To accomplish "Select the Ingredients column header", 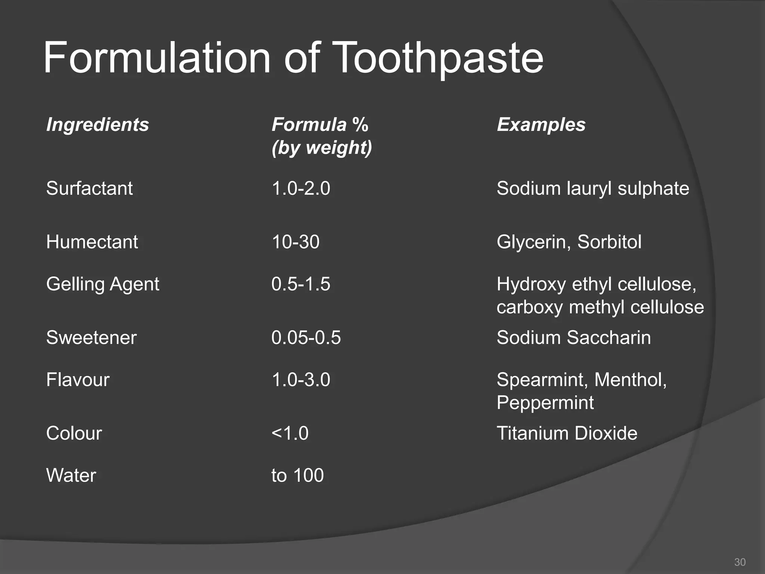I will click(x=97, y=124).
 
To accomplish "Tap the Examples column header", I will click(x=541, y=124).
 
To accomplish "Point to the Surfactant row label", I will click(x=89, y=188).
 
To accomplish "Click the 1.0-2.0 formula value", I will click(x=301, y=188).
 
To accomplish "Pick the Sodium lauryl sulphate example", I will click(x=593, y=188).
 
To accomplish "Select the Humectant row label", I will click(x=92, y=242).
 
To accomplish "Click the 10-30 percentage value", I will click(x=295, y=242).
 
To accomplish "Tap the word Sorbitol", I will click(x=609, y=242).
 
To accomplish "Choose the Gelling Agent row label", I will click(x=103, y=284).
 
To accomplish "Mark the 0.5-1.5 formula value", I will click(x=301, y=284).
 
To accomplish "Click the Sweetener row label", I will click(x=91, y=337).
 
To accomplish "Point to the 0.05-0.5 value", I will click(x=306, y=337).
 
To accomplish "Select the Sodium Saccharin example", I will click(x=574, y=337).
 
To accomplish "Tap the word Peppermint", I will click(x=545, y=402).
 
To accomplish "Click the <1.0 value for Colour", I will click(x=290, y=433).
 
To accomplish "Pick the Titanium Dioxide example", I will click(x=567, y=433).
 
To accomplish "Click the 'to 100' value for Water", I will click(x=297, y=475).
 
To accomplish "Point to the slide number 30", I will click(x=740, y=562).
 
